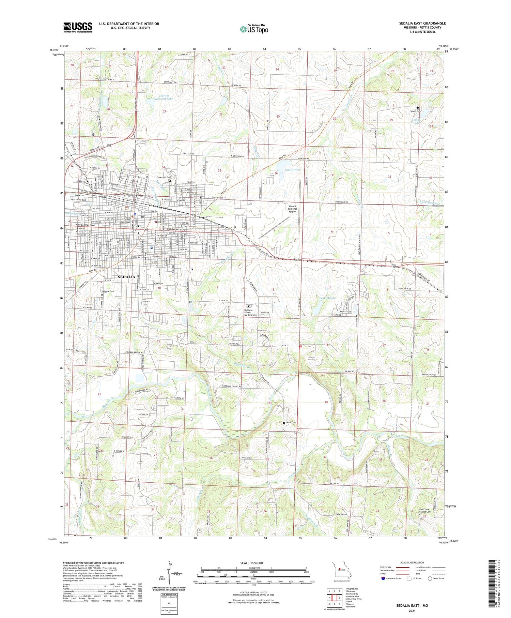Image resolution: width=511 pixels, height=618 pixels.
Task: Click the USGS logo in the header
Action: tap(78, 27)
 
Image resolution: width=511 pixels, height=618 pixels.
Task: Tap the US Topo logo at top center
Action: tap(254, 29)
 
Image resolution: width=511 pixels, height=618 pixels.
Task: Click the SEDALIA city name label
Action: tap(126, 277)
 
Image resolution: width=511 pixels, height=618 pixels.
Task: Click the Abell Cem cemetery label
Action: tap(291, 423)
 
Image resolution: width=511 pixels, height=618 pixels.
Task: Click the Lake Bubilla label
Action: tap(327, 298)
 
